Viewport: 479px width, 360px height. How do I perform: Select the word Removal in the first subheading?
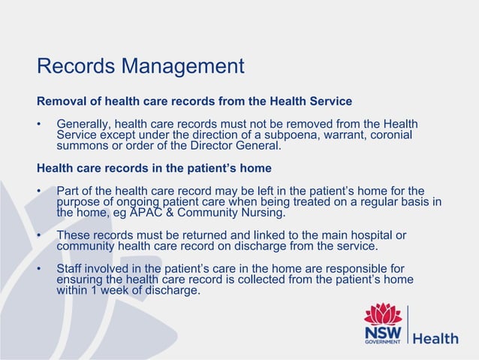pyautogui.click(x=59, y=101)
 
